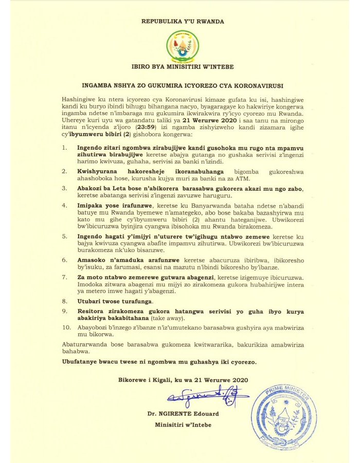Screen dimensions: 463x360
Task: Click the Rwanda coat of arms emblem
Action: click(179, 46)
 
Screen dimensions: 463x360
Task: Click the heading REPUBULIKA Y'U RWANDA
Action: click(179, 22)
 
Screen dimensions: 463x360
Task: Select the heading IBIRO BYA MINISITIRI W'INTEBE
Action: click(179, 67)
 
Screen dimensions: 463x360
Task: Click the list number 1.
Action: click(65, 147)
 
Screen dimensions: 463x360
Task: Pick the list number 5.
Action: click(65, 237)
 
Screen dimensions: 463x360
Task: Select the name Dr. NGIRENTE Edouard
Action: click(183, 414)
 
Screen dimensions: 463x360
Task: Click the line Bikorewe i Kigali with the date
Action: click(183, 380)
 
